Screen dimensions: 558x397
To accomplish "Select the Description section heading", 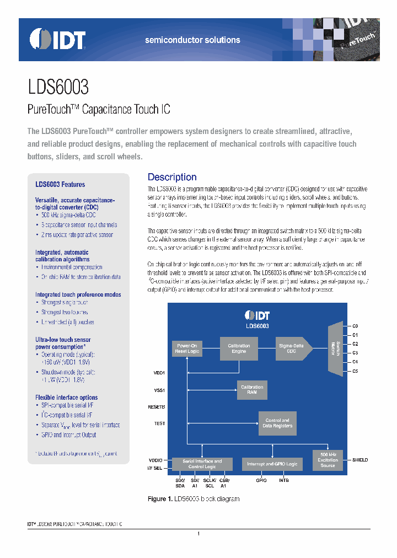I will (x=172, y=177).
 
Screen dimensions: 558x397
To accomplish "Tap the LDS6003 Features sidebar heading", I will (x=60, y=185).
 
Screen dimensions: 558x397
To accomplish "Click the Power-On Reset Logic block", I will (x=187, y=348).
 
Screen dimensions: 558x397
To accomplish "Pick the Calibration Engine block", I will (x=239, y=348).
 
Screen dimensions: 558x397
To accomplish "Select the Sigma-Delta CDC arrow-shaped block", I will (x=293, y=348).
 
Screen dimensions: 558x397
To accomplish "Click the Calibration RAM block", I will (x=252, y=389).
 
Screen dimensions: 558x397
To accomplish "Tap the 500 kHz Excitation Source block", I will (x=328, y=460).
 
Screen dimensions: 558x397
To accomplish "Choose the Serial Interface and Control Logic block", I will (x=202, y=464).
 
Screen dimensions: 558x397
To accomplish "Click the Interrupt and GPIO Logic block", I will (x=272, y=464).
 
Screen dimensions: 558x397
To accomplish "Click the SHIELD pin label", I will (x=360, y=460).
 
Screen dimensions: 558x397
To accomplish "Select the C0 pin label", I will (x=356, y=326).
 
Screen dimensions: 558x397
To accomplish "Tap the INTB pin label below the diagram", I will (x=283, y=480).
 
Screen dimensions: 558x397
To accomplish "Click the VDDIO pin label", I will (x=155, y=460).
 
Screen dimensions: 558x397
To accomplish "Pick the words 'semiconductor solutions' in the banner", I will (x=192, y=40).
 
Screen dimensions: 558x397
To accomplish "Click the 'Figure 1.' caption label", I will (x=160, y=499).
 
